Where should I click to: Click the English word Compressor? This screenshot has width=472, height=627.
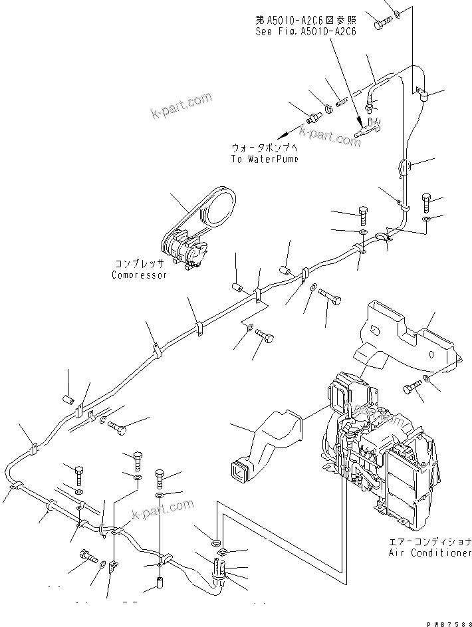pyautogui.click(x=139, y=275)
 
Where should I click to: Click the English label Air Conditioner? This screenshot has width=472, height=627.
pyautogui.click(x=430, y=553)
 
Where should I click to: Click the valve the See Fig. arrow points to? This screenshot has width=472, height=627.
pyautogui.click(x=367, y=128)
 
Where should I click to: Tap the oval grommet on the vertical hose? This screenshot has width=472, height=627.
pyautogui.click(x=405, y=167)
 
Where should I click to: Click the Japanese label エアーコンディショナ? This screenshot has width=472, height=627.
pyautogui.click(x=430, y=542)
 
